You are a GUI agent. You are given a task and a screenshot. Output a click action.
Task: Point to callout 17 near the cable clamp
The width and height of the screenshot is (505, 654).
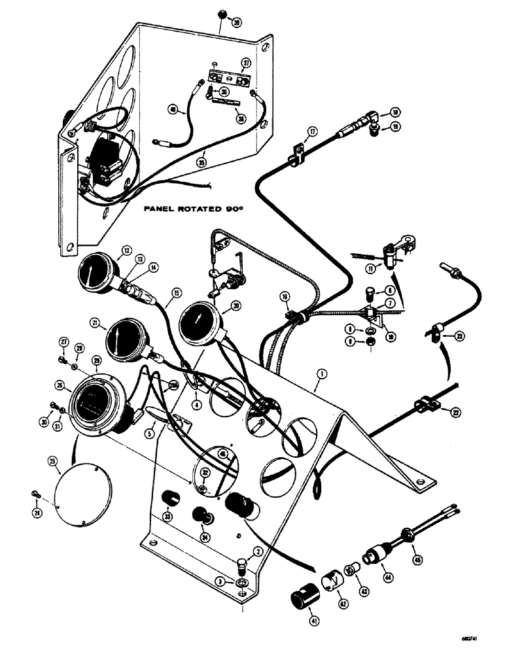tap(312, 131)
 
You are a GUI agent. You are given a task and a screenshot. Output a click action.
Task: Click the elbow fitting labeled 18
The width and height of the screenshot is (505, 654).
tap(373, 118)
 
